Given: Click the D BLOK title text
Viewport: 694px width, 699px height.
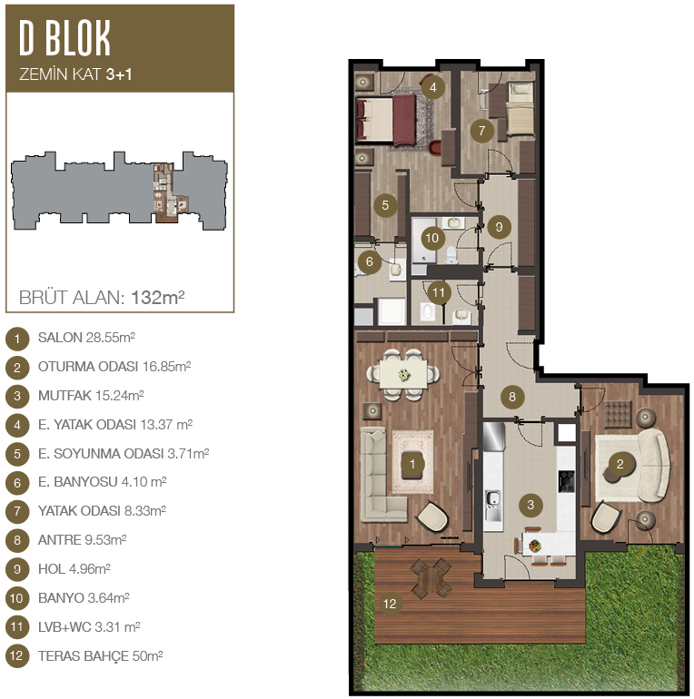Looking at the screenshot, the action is tap(64, 38).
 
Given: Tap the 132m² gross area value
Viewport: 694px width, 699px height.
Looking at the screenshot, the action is tap(158, 298).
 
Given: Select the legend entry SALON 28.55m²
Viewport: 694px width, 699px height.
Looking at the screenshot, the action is tap(86, 338).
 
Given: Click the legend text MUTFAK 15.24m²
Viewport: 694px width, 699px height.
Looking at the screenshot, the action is tap(91, 396).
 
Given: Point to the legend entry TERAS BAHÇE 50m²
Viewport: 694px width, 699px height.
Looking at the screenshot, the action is tap(100, 656).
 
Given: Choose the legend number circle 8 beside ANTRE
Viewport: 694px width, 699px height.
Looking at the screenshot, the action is tap(17, 540).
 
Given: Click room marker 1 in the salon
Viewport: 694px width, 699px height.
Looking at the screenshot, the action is tap(412, 464).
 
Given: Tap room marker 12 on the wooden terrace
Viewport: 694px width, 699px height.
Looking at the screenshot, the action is tap(390, 604).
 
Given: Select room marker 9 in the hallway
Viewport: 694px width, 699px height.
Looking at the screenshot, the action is tap(499, 227).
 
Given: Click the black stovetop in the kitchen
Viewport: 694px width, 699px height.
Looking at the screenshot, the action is tap(566, 481).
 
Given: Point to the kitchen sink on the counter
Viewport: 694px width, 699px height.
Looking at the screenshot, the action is tap(492, 506).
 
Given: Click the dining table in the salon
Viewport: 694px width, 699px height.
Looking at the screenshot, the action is tap(403, 374).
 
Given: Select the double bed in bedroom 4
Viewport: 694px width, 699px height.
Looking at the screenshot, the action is tap(386, 119).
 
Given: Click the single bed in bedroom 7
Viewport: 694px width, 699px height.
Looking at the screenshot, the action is tap(520, 110).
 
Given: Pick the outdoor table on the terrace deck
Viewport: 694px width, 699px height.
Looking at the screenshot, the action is tap(431, 577).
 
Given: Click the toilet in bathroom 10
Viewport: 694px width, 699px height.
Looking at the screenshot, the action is tap(451, 255).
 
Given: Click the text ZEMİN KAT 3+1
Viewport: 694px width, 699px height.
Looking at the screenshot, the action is tap(75, 74).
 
